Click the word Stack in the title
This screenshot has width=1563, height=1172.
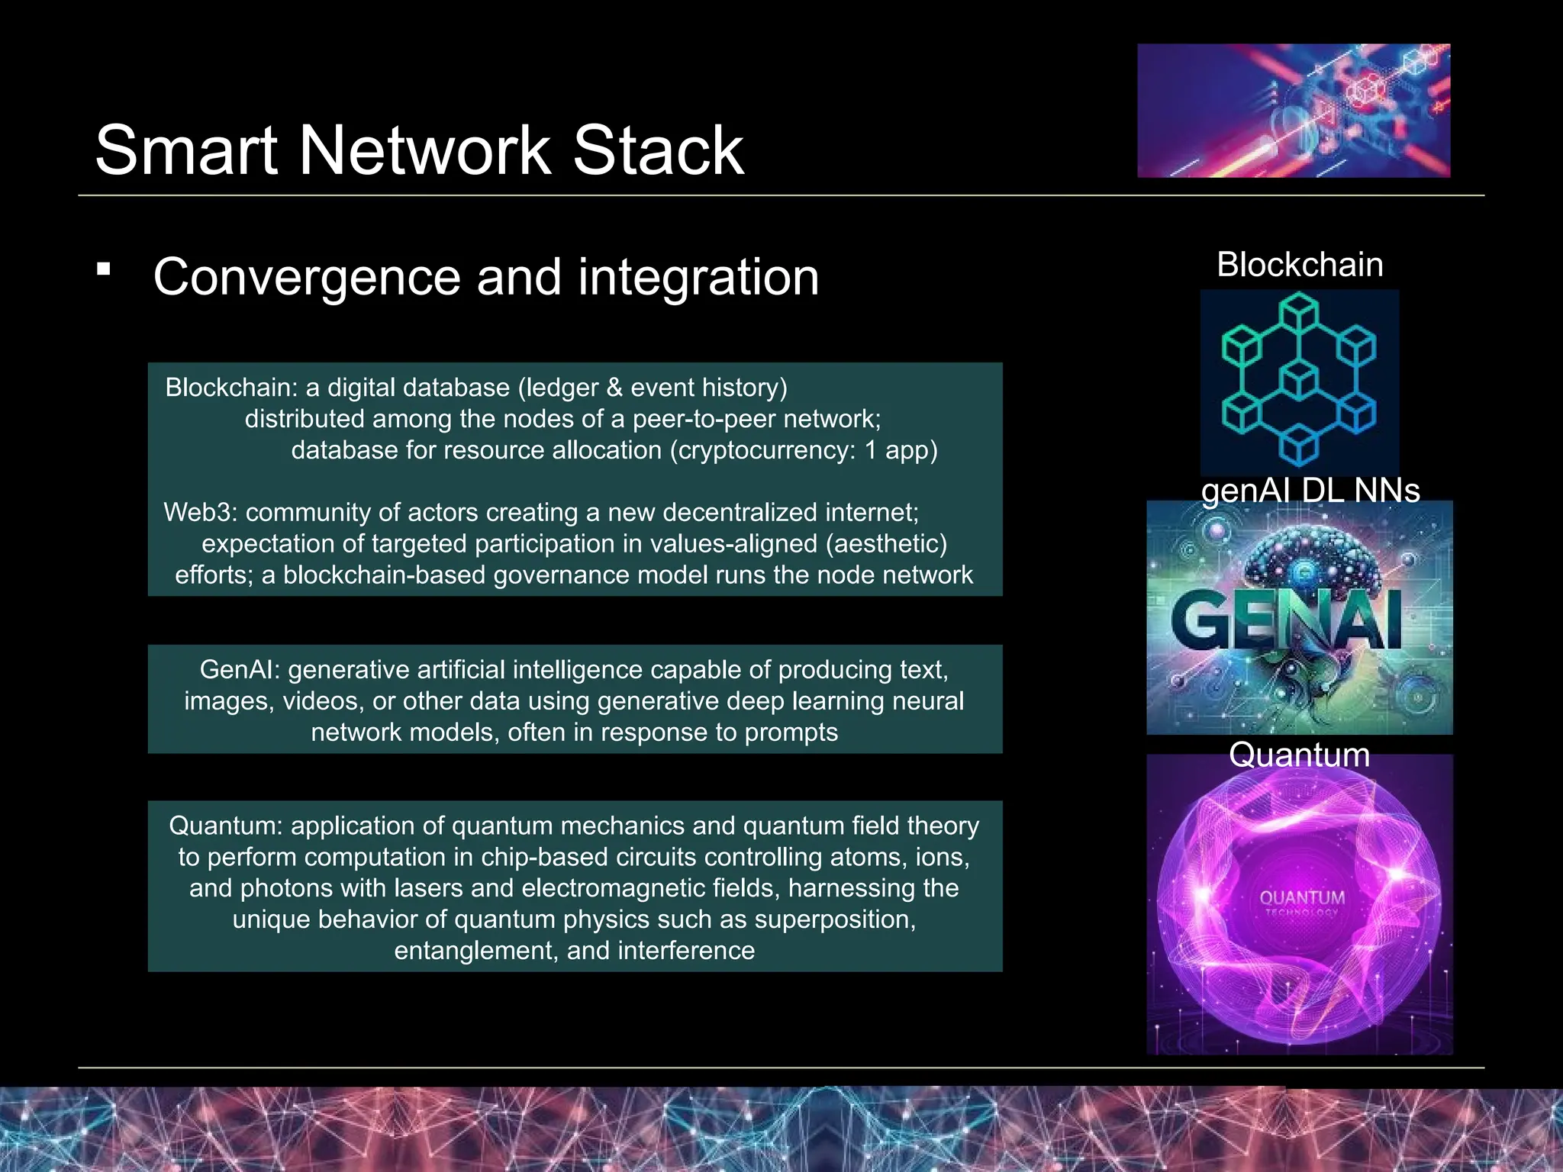(x=658, y=150)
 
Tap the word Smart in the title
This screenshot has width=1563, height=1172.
(x=185, y=150)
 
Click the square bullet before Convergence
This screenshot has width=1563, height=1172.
(x=104, y=269)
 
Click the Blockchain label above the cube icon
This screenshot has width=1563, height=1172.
(x=1300, y=265)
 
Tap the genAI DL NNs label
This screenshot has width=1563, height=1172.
(x=1310, y=490)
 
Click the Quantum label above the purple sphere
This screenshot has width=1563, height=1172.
(x=1299, y=755)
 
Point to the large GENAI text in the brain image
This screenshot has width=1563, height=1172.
(x=1287, y=620)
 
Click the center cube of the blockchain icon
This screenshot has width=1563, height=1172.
(x=1298, y=379)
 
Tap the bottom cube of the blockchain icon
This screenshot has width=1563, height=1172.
(x=1298, y=444)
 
